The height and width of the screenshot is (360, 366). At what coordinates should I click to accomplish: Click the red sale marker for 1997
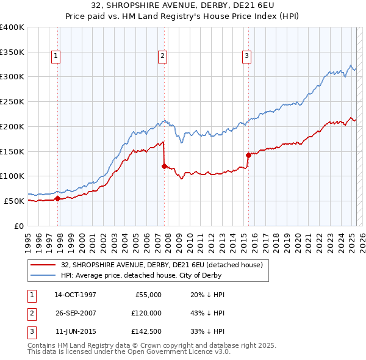pos(58,198)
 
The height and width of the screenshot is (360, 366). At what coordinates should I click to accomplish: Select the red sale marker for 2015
pos(248,154)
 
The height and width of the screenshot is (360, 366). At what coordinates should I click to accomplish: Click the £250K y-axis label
pos(12,101)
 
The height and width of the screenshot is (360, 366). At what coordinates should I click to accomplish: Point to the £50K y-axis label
pos(15,201)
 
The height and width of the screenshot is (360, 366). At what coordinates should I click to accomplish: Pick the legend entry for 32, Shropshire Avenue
pos(162,265)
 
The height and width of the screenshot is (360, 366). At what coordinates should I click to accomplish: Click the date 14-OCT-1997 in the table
pos(75,295)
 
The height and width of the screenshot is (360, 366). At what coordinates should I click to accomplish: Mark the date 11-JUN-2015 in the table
pos(75,331)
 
